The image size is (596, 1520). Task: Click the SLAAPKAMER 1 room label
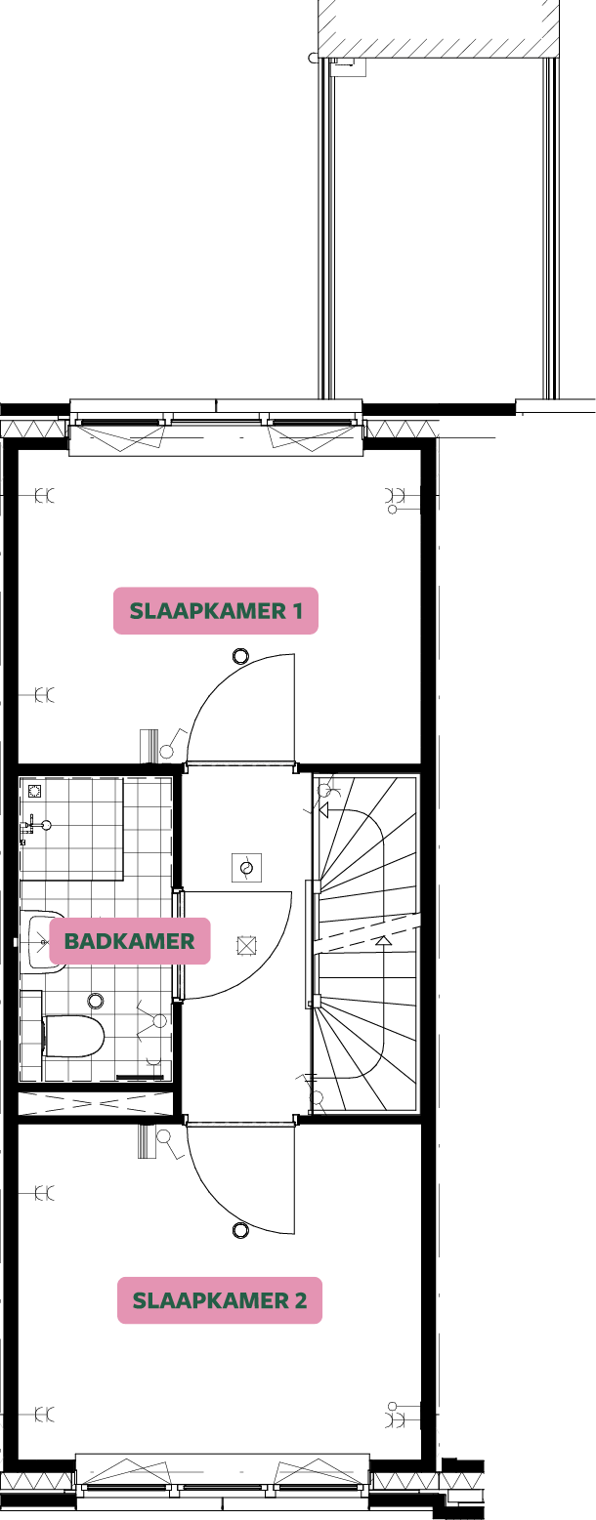point(216,611)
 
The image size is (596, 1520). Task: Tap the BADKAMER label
point(130,941)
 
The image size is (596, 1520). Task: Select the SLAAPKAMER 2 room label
point(220,1300)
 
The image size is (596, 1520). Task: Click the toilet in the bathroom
point(74,1036)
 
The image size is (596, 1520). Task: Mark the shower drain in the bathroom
point(35,791)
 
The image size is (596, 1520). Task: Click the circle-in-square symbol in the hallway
point(246,867)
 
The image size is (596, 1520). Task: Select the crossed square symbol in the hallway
point(246,945)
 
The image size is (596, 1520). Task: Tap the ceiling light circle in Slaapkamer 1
point(240,657)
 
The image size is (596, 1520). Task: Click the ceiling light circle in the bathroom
point(96,1001)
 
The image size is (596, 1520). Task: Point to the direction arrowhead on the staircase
point(384,941)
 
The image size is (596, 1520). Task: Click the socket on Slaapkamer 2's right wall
point(396,1413)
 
